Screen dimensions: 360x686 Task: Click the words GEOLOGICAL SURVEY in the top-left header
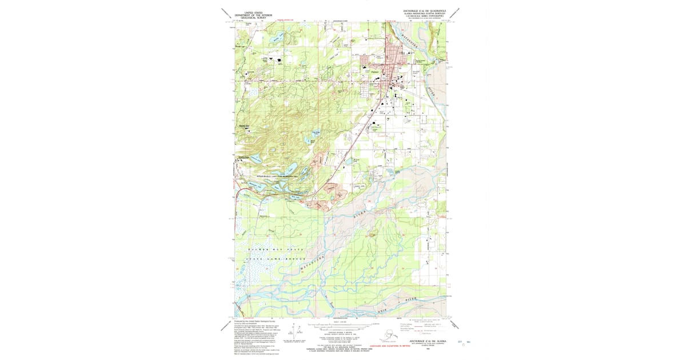(254, 18)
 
